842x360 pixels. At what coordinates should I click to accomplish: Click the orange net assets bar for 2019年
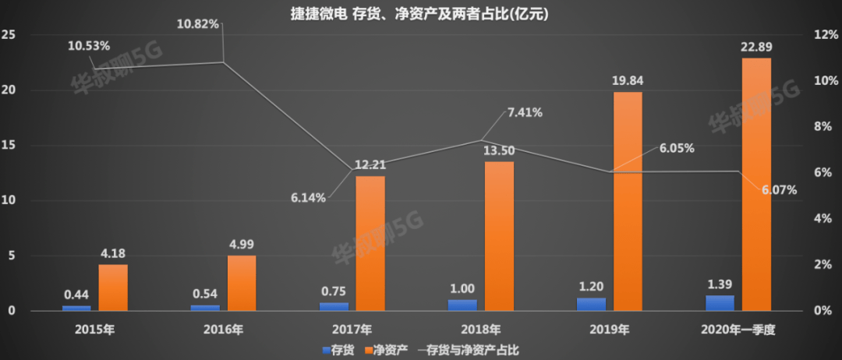(x=628, y=201)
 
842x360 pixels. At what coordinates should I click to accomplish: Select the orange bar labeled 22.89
(x=756, y=184)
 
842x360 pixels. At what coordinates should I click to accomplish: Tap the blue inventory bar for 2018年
(x=462, y=305)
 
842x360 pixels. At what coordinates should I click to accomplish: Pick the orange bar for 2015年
(x=113, y=288)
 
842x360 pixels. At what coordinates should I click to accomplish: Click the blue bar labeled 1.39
(x=720, y=303)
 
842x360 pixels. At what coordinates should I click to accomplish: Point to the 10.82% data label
(x=199, y=23)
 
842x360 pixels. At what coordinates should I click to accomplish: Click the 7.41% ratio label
(x=525, y=112)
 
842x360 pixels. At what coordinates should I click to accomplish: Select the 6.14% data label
(x=307, y=198)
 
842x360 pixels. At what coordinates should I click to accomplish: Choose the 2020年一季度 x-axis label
(x=738, y=329)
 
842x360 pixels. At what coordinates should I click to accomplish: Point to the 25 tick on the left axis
(x=9, y=35)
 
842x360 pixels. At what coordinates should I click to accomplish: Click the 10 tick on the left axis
(x=9, y=201)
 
